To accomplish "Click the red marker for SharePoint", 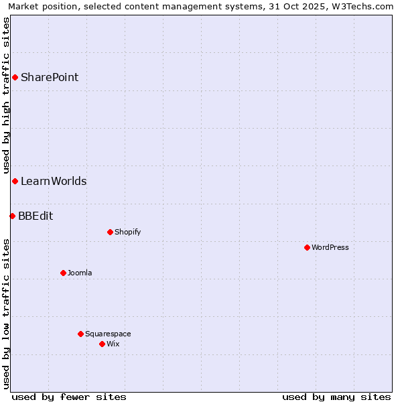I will tap(15, 78).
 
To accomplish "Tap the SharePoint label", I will tap(50, 78).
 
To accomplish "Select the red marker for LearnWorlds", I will tap(15, 182).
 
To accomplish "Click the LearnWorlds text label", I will tap(54, 182).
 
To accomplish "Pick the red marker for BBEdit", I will tap(12, 216).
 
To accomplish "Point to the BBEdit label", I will tap(36, 216).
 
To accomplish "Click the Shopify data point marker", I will tap(110, 232).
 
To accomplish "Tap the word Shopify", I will tap(127, 232).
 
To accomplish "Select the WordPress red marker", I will tap(307, 248).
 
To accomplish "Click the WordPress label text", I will tap(330, 248).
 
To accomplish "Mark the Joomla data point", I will tap(63, 273).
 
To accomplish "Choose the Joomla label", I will tap(80, 273).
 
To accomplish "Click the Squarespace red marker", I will tap(80, 334).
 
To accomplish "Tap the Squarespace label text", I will tap(108, 334).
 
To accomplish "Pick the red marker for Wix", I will tap(102, 344).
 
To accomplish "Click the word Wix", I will tap(113, 344).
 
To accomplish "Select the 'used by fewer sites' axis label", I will tap(69, 397).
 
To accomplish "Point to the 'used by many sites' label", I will tap(336, 397).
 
